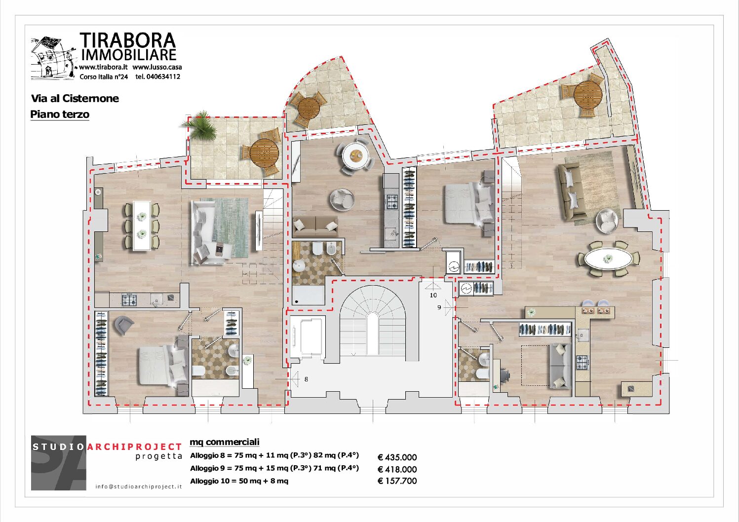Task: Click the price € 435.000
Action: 397,457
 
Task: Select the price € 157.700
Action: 397,481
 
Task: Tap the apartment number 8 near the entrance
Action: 306,379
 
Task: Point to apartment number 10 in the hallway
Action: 433,295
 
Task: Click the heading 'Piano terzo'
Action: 60,114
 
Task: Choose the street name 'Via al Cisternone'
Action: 75,98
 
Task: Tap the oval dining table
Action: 608,259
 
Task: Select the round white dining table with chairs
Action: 355,155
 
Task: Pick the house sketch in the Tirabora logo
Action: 53,58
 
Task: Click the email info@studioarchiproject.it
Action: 139,486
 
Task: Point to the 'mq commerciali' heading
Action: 224,442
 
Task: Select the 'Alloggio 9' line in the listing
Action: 274,468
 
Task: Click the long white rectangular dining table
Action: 142,226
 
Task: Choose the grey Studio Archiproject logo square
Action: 59,463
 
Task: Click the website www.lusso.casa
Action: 157,67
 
